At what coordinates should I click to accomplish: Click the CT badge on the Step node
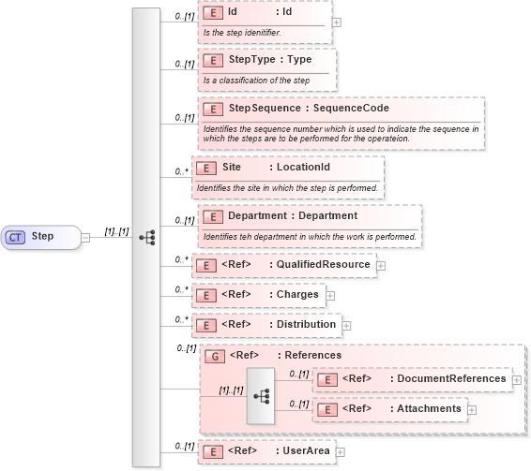pyautogui.click(x=16, y=237)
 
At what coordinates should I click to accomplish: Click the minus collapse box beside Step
pyautogui.click(x=84, y=237)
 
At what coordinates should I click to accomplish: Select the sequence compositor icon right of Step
pyautogui.click(x=146, y=237)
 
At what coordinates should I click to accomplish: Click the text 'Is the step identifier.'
pyautogui.click(x=242, y=33)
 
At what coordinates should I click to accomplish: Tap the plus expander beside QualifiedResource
pyautogui.click(x=380, y=266)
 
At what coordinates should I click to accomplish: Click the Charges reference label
pyautogui.click(x=296, y=294)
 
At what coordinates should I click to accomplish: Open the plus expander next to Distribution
pyautogui.click(x=346, y=325)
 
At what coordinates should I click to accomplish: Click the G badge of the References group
pyautogui.click(x=213, y=356)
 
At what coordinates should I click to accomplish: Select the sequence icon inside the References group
pyautogui.click(x=261, y=395)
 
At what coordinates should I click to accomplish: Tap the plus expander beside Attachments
pyautogui.click(x=472, y=409)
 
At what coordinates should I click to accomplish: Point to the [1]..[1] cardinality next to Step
pyautogui.click(x=117, y=230)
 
